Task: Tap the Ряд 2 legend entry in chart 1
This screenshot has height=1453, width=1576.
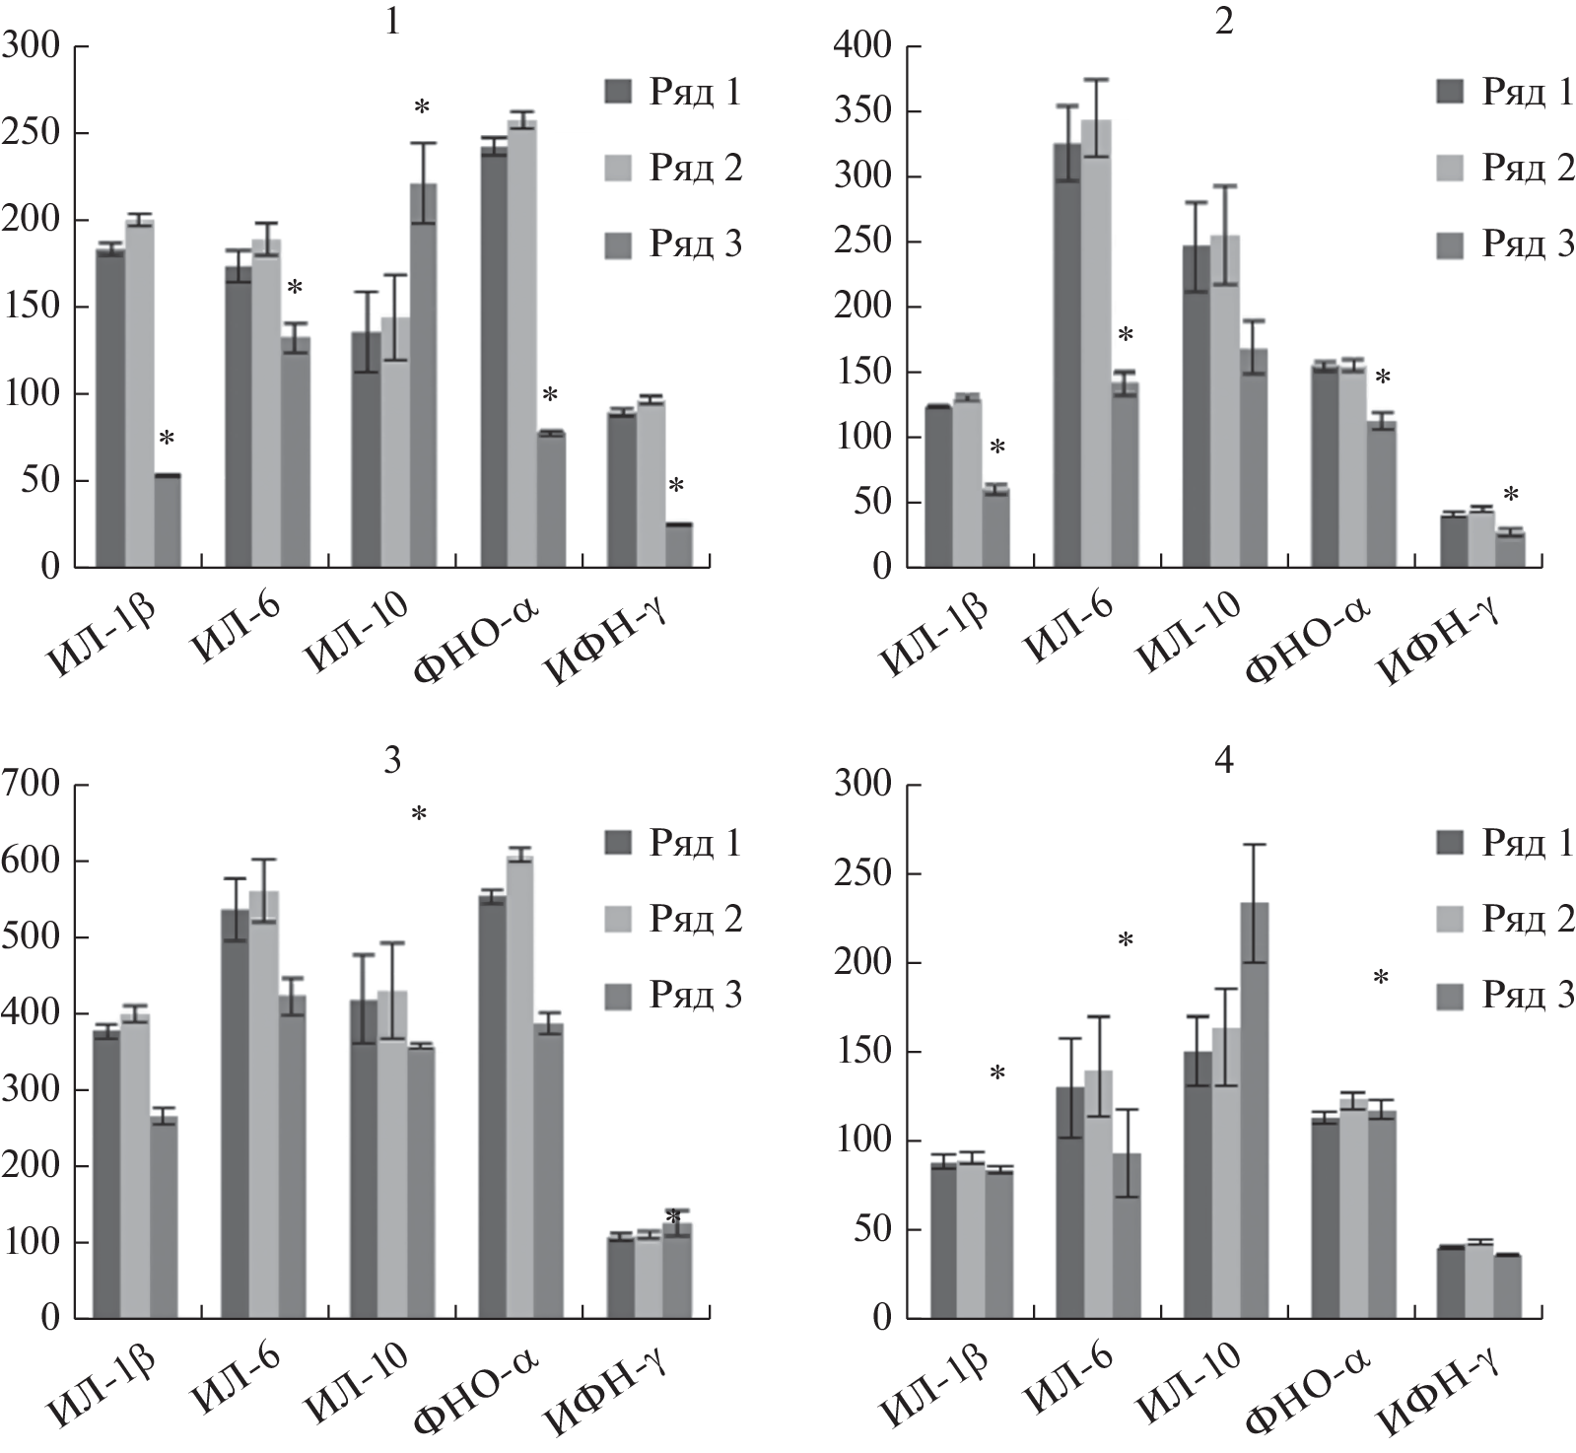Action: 674,169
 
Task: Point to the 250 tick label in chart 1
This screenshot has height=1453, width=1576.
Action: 32,134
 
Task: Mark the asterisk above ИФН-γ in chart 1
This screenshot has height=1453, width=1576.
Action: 676,486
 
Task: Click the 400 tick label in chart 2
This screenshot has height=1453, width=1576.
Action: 864,46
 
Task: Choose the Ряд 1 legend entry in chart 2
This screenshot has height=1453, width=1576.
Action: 1505,93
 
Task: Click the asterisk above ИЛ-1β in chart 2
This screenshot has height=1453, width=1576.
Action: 997,448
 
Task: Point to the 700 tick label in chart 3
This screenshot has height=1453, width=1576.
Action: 32,786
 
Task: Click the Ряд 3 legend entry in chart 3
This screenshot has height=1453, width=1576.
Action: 674,996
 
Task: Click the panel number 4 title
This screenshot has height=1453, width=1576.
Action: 1224,761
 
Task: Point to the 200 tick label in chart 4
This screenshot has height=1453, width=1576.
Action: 864,964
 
